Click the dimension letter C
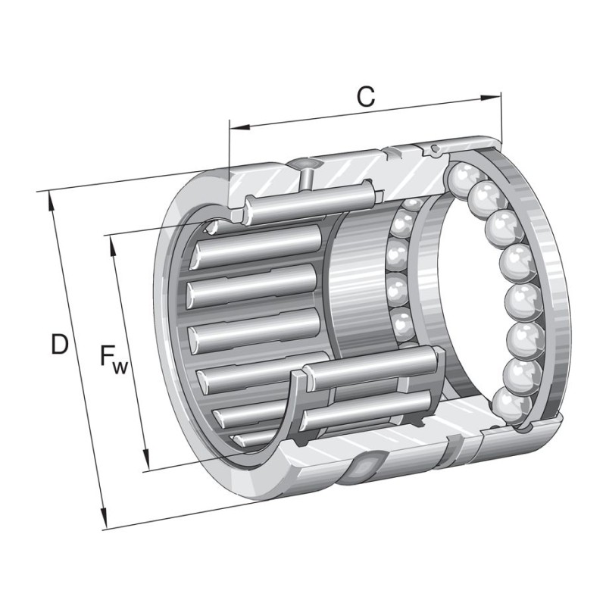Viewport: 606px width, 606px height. tap(366, 97)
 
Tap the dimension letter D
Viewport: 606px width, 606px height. tap(59, 345)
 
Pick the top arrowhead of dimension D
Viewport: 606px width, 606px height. tap(50, 198)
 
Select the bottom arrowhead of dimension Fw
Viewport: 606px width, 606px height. tap(146, 463)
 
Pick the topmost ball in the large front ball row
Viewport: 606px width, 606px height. tap(460, 180)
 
